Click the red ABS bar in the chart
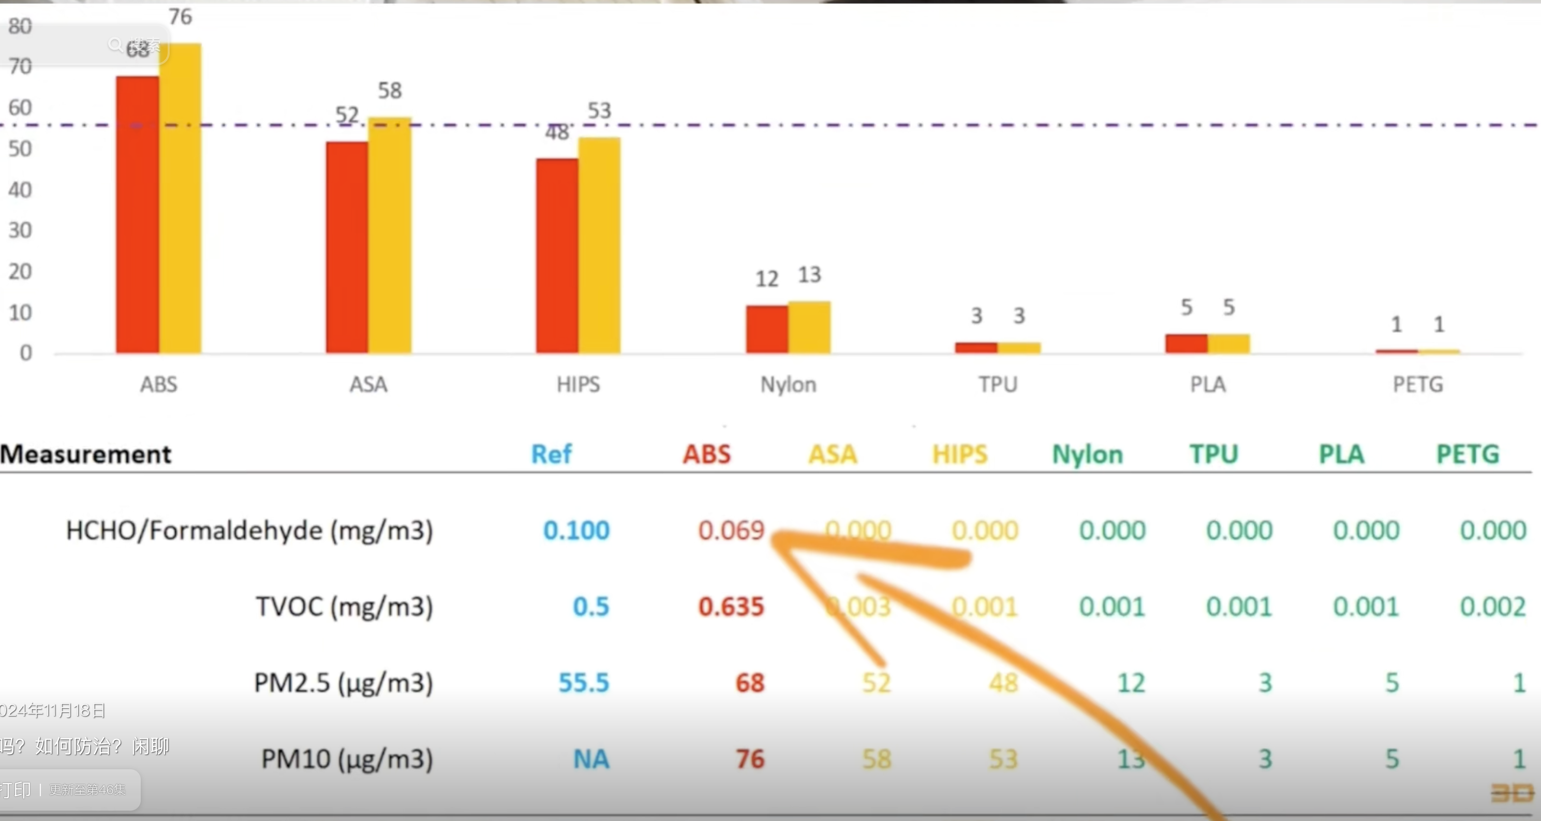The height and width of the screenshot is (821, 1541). pyautogui.click(x=138, y=215)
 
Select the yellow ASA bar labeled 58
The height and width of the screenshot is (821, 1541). pyautogui.click(x=390, y=237)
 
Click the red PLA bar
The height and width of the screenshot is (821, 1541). pyautogui.click(x=1186, y=344)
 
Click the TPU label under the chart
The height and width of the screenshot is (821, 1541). pyautogui.click(x=998, y=384)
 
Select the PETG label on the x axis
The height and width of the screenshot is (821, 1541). pyautogui.click(x=1418, y=384)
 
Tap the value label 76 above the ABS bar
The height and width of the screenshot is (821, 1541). pyautogui.click(x=180, y=17)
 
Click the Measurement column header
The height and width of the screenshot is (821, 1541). pyautogui.click(x=86, y=454)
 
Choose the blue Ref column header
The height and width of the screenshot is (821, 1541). pyautogui.click(x=552, y=454)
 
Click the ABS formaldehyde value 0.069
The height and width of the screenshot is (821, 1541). pyautogui.click(x=731, y=530)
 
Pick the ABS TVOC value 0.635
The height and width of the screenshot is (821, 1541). pyautogui.click(x=731, y=607)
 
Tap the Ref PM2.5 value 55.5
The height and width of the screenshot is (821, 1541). pyautogui.click(x=583, y=683)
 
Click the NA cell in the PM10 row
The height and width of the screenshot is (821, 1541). pyautogui.click(x=591, y=759)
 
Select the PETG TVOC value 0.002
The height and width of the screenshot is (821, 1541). pyautogui.click(x=1492, y=607)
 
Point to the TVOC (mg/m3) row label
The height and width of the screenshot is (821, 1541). pyautogui.click(x=344, y=607)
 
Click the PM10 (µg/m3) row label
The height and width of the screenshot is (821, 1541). pyautogui.click(x=347, y=759)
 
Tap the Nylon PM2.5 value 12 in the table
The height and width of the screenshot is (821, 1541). pyautogui.click(x=1131, y=683)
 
